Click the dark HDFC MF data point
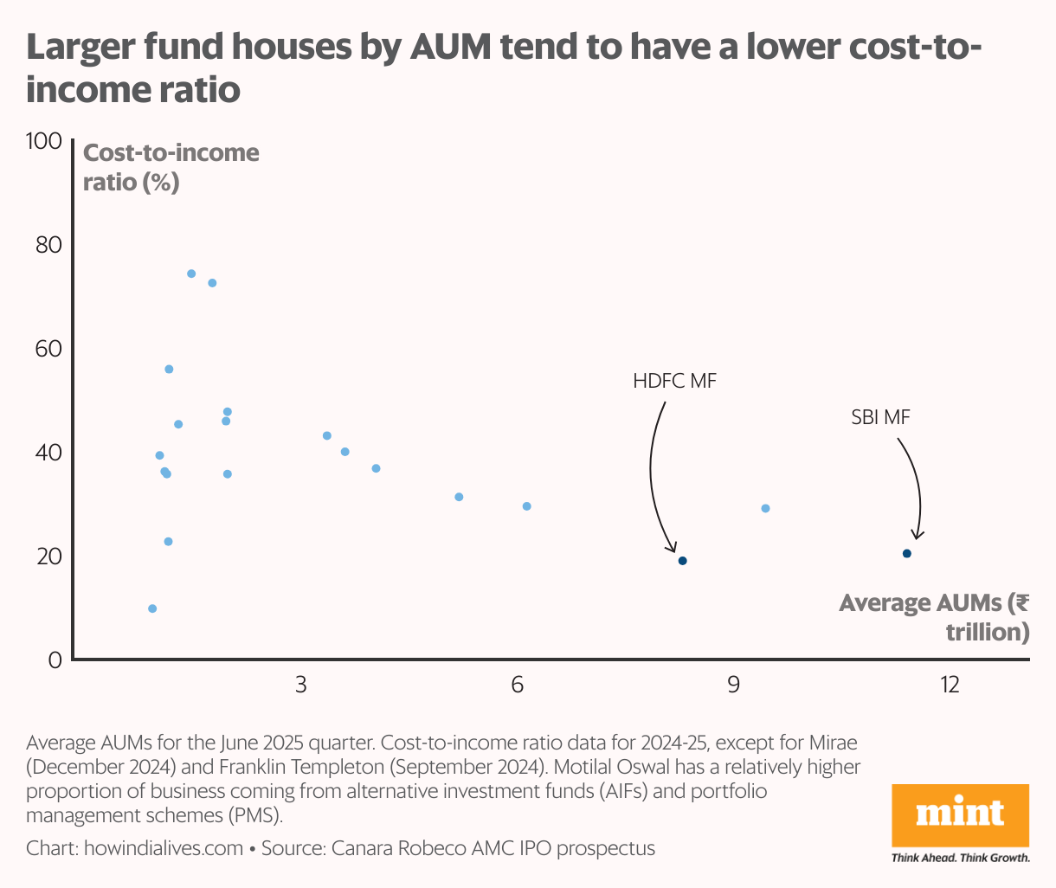click(x=682, y=561)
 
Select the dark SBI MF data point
click(x=906, y=554)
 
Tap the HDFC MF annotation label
click(x=674, y=381)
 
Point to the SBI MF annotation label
click(x=880, y=417)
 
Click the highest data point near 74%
click(x=191, y=273)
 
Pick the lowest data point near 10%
click(x=152, y=608)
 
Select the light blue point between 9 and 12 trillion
click(x=765, y=508)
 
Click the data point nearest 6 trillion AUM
click(x=526, y=506)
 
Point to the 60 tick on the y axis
click(x=49, y=349)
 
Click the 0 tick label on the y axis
click(x=55, y=660)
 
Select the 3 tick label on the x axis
click(x=300, y=685)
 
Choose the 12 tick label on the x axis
click(x=950, y=685)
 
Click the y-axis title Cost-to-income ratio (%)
click(x=170, y=167)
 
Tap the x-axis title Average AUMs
click(x=934, y=616)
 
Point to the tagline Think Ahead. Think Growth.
click(x=960, y=858)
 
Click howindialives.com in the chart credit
click(x=163, y=848)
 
